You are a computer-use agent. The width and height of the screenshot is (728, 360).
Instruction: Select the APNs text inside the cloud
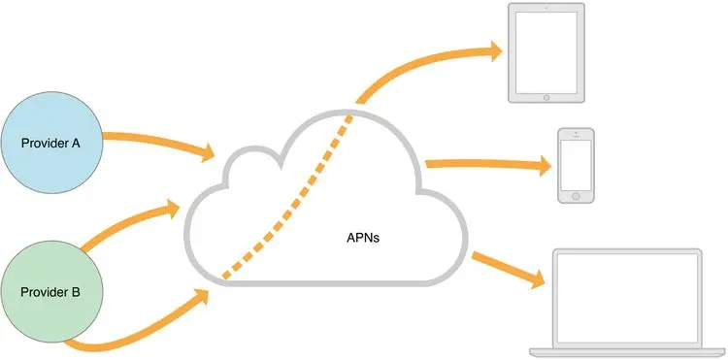[x=363, y=236]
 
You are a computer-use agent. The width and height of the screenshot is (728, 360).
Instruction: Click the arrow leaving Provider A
[x=155, y=141]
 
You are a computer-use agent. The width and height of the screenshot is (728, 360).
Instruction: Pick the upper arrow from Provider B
[x=121, y=225]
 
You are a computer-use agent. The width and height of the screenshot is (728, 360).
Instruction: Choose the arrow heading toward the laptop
[x=505, y=267]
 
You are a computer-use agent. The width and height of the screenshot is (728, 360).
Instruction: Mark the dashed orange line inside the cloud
[x=291, y=204]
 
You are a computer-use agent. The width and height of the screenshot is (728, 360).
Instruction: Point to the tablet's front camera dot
[x=547, y=9]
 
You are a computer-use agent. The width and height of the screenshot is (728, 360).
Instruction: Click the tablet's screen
[x=547, y=50]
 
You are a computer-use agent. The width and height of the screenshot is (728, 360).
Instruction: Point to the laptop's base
[x=624, y=350]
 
